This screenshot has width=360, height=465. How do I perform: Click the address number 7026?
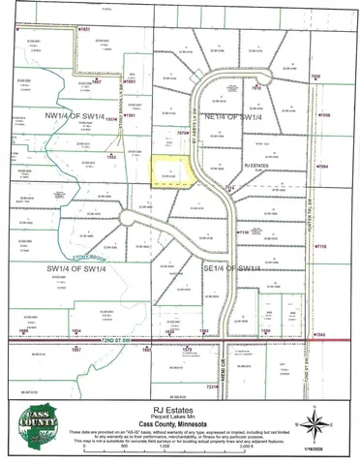click(x=315, y=76)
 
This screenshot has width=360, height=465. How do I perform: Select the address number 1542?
click(x=319, y=334)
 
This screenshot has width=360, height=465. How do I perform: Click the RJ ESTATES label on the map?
click(x=256, y=167)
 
